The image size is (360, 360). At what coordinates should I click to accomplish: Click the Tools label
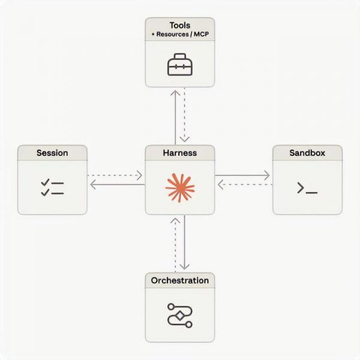[x=180, y=25]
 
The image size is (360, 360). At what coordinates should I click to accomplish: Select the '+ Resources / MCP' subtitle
[x=180, y=35]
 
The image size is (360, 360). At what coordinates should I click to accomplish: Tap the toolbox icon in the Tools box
[x=180, y=65]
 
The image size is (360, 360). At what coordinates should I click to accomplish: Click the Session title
[x=52, y=153]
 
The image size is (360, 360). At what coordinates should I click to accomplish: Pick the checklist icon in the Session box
[x=52, y=187]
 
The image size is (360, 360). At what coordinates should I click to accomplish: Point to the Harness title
[x=180, y=153]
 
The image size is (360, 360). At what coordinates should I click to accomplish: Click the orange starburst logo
[x=180, y=187]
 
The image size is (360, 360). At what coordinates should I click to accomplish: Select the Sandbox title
[x=307, y=153]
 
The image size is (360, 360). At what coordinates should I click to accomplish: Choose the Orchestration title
[x=180, y=280]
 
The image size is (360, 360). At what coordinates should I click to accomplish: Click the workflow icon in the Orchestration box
[x=180, y=314]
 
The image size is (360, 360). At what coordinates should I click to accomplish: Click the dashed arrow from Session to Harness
[x=116, y=176]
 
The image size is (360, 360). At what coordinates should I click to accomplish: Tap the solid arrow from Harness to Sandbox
[x=243, y=176]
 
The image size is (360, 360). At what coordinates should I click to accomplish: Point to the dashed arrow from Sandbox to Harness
[x=243, y=185]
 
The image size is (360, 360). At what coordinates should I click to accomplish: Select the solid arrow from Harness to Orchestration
[x=185, y=243]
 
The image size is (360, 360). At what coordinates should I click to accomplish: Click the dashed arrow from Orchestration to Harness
[x=175, y=243]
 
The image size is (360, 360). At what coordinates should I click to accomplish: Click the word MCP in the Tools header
[x=198, y=35]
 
